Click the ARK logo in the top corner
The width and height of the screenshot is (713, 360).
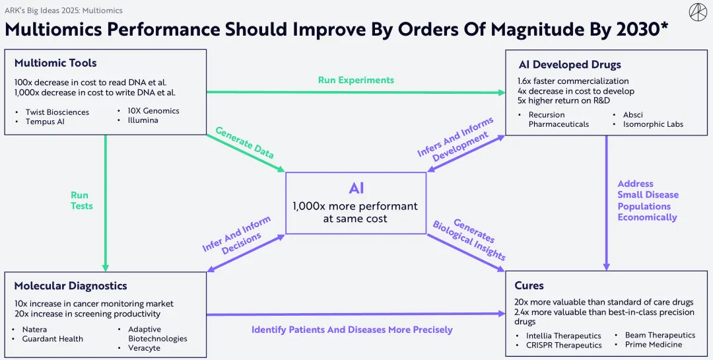click(x=697, y=12)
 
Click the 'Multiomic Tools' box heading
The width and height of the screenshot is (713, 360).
click(x=55, y=63)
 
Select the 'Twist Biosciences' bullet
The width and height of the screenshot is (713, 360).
click(x=57, y=112)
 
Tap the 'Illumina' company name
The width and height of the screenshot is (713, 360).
click(x=143, y=120)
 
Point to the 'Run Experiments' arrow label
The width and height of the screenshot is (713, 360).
click(x=356, y=80)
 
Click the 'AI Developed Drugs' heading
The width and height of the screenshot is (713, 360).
click(x=569, y=65)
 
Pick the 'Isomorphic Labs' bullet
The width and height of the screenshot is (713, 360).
click(x=653, y=124)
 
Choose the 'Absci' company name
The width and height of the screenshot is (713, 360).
click(x=632, y=115)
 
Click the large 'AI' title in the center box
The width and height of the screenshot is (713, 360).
click(x=356, y=188)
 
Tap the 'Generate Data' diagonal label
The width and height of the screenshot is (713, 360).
click(x=244, y=142)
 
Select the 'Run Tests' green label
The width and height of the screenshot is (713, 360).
click(x=82, y=201)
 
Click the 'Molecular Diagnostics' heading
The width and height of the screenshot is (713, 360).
click(x=71, y=286)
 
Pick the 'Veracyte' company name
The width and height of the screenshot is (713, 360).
click(x=144, y=348)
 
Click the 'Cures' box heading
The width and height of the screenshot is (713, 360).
click(x=529, y=286)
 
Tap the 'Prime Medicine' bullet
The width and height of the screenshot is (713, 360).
click(x=653, y=344)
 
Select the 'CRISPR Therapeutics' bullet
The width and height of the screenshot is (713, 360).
click(x=564, y=345)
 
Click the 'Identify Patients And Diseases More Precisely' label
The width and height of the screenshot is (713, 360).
click(x=352, y=330)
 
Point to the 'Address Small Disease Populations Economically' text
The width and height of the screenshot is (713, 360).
click(x=648, y=201)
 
